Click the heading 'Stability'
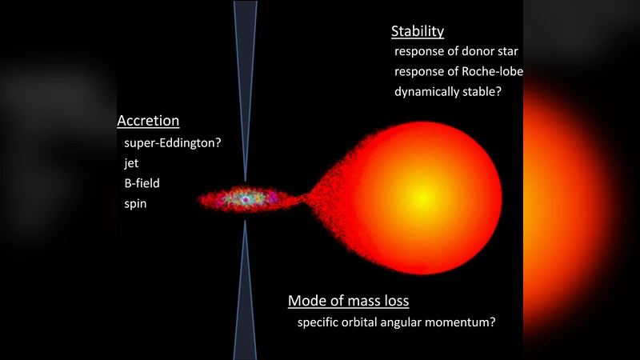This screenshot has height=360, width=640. (417, 32)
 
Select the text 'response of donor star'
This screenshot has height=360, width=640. (456, 51)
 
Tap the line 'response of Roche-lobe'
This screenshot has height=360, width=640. (458, 71)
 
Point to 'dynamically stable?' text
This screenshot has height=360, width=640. (447, 91)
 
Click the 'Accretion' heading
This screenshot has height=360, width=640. (148, 122)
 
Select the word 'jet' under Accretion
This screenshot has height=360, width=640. (132, 162)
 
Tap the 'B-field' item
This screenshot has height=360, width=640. (142, 183)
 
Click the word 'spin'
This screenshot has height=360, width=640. (136, 204)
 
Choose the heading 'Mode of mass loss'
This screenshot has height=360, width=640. (348, 302)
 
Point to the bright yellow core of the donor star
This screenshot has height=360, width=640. (425, 196)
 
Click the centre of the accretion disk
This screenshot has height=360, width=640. (241, 198)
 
